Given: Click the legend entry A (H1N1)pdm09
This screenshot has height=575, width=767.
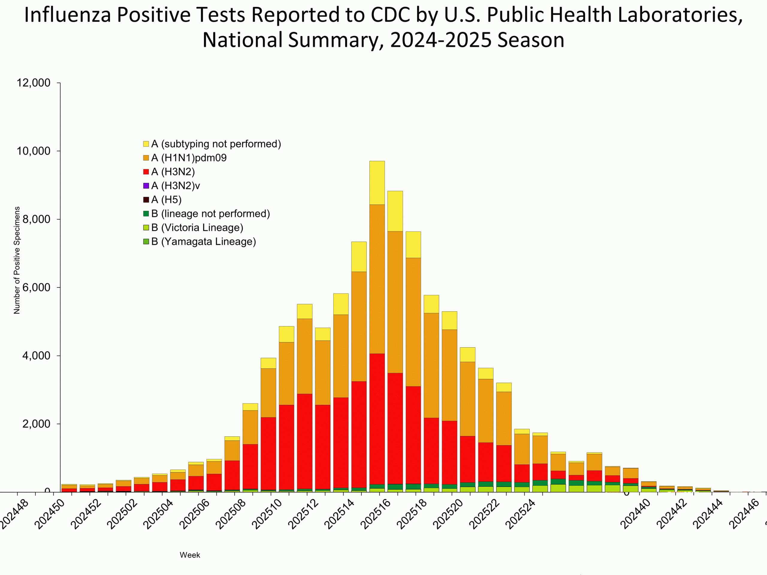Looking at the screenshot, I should click(x=189, y=158).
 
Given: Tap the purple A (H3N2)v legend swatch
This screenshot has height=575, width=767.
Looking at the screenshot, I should click(x=146, y=186).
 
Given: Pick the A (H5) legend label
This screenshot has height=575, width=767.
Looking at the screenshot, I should click(x=167, y=200).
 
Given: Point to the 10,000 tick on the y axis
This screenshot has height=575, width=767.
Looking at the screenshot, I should click(x=34, y=151).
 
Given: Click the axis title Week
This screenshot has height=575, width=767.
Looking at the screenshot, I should click(x=190, y=555).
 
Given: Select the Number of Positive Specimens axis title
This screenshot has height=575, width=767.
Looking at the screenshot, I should click(x=17, y=260).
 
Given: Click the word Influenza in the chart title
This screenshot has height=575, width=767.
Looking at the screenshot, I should click(x=67, y=15).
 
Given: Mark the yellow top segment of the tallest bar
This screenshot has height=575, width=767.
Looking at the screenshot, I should click(x=377, y=183).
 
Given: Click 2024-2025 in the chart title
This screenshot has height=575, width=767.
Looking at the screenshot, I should click(x=441, y=40).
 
